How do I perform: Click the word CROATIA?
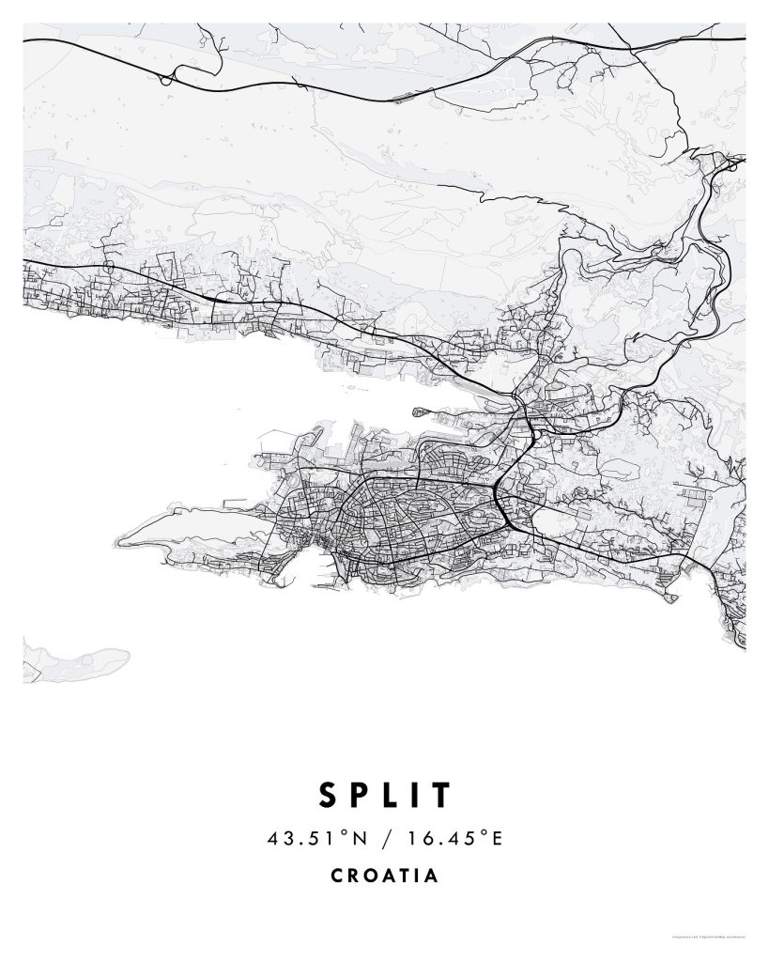384,876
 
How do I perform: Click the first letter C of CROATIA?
337,876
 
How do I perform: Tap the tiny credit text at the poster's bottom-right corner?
709,937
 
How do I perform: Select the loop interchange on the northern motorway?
166,79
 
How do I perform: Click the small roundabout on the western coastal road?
108,269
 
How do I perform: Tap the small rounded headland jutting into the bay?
420,410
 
